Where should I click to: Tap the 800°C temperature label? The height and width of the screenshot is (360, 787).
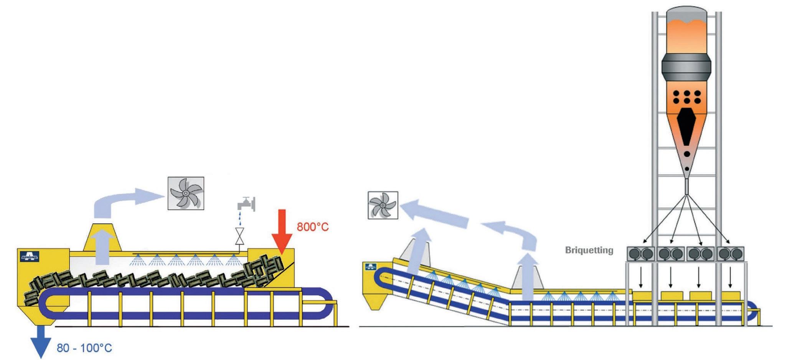click(313, 227)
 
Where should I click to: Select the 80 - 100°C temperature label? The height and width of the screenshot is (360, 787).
click(84, 348)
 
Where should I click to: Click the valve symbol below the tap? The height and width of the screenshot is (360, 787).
click(241, 236)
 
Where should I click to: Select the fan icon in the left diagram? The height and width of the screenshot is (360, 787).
click(186, 193)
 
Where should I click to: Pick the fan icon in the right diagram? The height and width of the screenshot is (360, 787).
click(383, 205)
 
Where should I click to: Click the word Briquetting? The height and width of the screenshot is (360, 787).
click(589, 250)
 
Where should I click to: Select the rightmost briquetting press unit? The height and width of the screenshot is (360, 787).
click(731, 254)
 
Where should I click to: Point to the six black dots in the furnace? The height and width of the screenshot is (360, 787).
click(687, 97)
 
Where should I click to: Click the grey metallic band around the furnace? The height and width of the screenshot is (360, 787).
click(687, 73)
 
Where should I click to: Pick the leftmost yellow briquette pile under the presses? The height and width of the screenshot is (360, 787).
click(642, 295)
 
